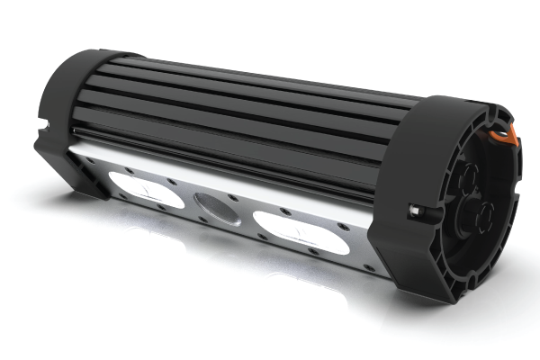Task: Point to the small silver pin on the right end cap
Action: pyautogui.click(x=414, y=212)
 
